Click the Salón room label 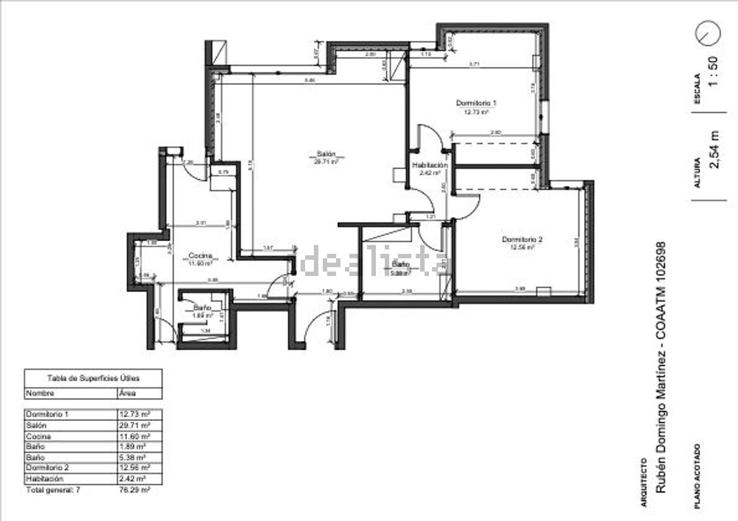[x=323, y=153]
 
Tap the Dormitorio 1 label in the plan [x=476, y=103]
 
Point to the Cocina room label [x=200, y=256]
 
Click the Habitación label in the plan [x=430, y=165]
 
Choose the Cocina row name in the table [x=38, y=436]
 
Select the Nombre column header [x=40, y=393]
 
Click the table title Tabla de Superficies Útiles [x=93, y=378]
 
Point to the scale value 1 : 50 [x=713, y=71]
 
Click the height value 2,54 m [x=714, y=150]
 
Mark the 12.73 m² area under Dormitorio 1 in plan [x=476, y=112]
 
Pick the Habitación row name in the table [x=45, y=478]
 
